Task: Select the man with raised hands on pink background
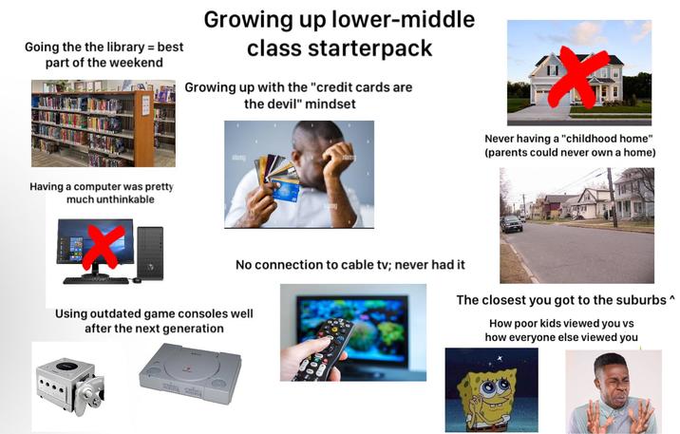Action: (x=613, y=391)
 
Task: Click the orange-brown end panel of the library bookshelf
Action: (x=143, y=127)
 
